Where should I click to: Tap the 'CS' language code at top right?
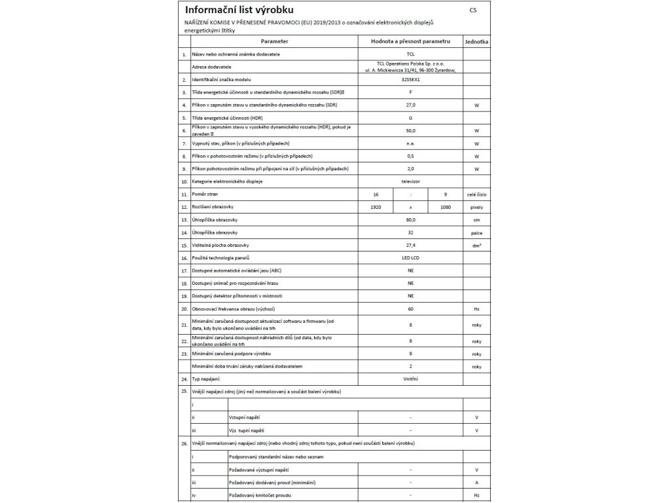[x=473, y=11]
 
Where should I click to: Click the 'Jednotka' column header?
[x=476, y=41]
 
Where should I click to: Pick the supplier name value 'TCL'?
[x=410, y=54]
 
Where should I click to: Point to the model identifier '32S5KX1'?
[x=410, y=79]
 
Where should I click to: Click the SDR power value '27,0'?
[x=410, y=105]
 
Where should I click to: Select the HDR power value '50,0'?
[x=410, y=130]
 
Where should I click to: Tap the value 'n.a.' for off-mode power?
[x=410, y=143]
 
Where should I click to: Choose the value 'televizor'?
[x=410, y=181]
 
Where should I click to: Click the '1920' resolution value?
[x=376, y=207]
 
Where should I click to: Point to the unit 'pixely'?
[x=476, y=207]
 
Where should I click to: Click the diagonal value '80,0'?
[x=410, y=219]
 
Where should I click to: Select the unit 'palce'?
[x=476, y=233]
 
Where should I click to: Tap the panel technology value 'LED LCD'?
[x=410, y=258]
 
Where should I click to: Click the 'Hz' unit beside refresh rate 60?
[x=476, y=308]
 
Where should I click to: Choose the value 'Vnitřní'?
[x=410, y=379]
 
